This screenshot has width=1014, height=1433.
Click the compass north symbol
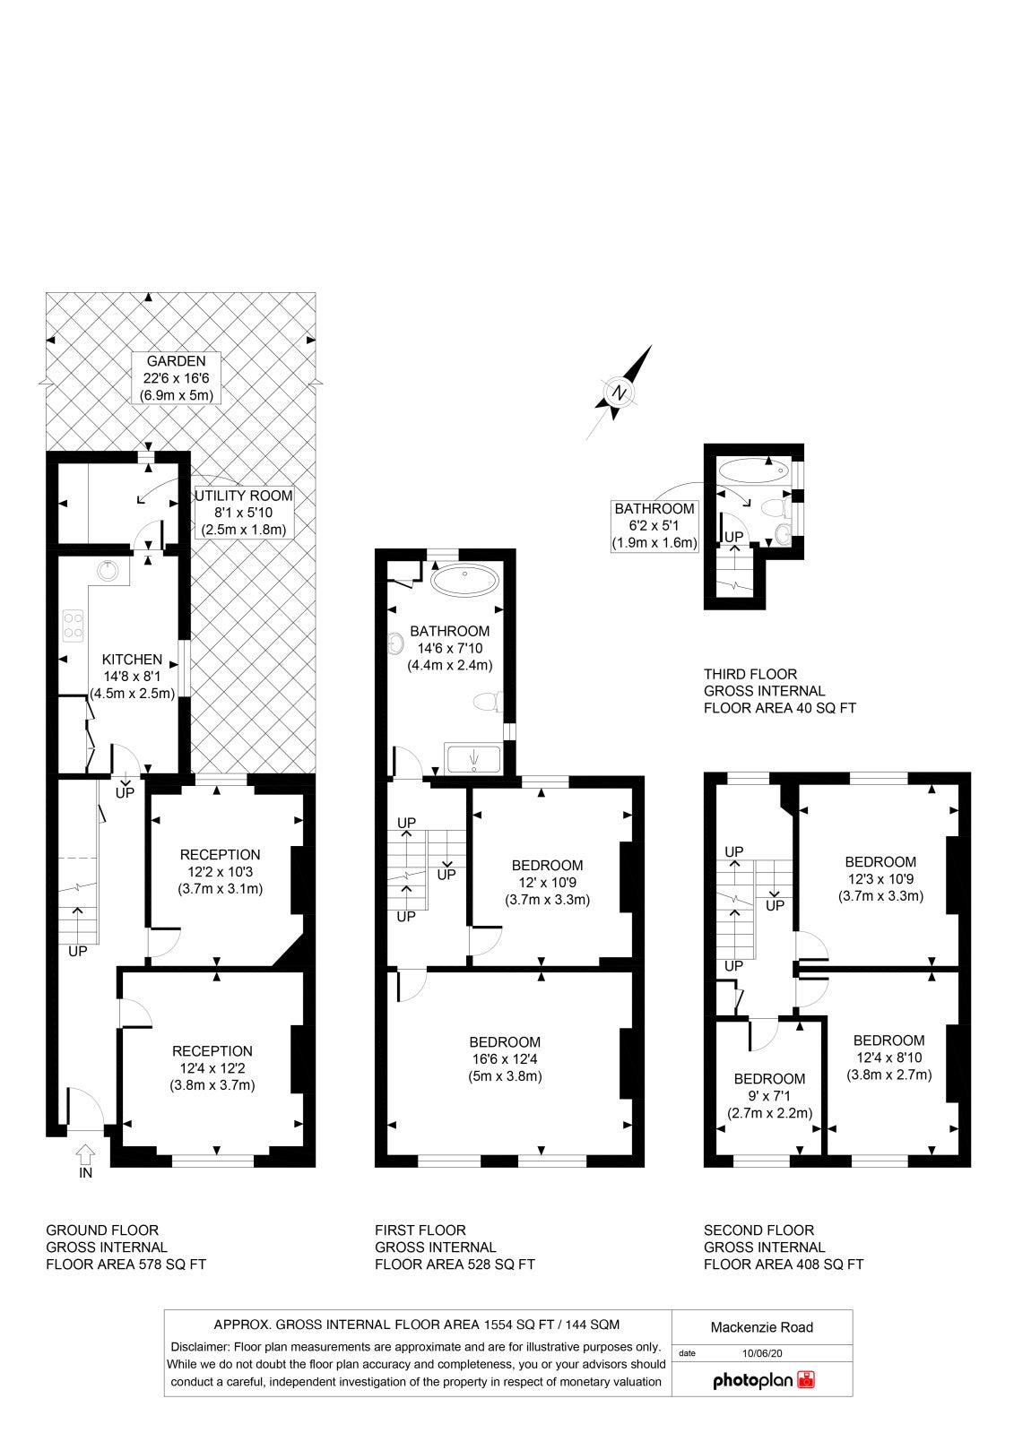click(x=619, y=393)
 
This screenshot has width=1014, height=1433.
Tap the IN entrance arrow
click(x=85, y=1154)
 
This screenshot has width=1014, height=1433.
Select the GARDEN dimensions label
click(x=176, y=378)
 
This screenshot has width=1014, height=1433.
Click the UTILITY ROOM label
click(x=244, y=513)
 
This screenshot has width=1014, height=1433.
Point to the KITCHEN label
click(x=132, y=677)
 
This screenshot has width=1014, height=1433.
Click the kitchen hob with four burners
click(x=73, y=626)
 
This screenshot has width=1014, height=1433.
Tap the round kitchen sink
click(x=107, y=570)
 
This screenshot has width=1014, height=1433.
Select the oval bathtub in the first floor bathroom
click(x=464, y=580)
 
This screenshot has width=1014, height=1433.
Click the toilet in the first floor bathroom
click(x=488, y=702)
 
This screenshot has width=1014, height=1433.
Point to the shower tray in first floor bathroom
click(x=473, y=759)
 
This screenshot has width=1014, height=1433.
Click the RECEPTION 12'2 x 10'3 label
click(x=221, y=871)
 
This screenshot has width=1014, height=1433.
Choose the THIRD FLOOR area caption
click(x=780, y=691)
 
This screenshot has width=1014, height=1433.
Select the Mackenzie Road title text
click(x=762, y=1327)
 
